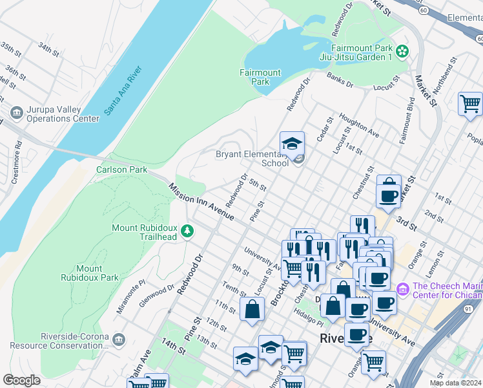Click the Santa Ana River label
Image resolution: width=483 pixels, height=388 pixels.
(x=123, y=91)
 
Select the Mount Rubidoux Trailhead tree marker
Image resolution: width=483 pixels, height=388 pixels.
(x=187, y=231)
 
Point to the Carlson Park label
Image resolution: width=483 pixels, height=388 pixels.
(x=121, y=170)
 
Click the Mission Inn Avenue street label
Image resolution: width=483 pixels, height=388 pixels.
(x=201, y=202)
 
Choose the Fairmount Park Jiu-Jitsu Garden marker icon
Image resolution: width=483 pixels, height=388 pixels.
(x=403, y=50)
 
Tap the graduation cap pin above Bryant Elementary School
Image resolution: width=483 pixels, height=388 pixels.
(x=292, y=144)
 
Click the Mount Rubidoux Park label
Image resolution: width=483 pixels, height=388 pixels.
(x=88, y=273)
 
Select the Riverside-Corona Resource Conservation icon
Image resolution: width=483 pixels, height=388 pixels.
(x=118, y=340)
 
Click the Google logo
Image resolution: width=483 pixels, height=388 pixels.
(x=21, y=380)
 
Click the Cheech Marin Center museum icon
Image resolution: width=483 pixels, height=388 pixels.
(x=403, y=288)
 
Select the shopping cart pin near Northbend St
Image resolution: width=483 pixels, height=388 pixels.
(x=470, y=103)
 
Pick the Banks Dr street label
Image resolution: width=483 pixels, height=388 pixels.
(x=340, y=80)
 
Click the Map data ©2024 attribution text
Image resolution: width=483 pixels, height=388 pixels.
(x=455, y=382)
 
